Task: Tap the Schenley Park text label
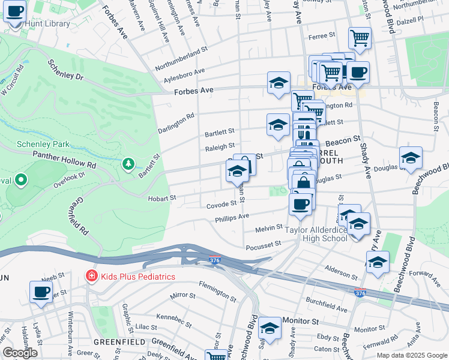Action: (x=43, y=144)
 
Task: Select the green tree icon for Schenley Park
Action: (x=127, y=164)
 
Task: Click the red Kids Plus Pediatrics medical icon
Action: (x=91, y=276)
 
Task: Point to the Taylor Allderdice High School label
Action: (x=316, y=234)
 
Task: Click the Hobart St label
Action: (x=162, y=197)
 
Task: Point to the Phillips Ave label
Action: (x=232, y=218)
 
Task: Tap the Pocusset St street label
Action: (x=263, y=245)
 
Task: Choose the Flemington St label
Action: (x=219, y=293)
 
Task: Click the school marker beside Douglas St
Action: (x=411, y=158)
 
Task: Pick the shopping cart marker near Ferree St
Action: (x=360, y=37)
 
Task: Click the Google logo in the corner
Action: (x=20, y=353)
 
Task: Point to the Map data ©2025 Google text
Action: (x=412, y=355)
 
